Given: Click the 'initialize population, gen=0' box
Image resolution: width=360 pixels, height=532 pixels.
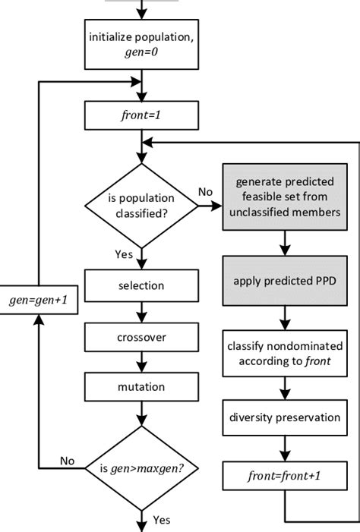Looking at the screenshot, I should (x=141, y=46).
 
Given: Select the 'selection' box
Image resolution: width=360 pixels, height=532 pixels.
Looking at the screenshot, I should (x=141, y=286).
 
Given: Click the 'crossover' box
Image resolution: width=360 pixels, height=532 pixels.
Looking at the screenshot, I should (x=141, y=336).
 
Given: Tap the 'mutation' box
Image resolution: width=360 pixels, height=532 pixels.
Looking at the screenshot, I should (x=141, y=386).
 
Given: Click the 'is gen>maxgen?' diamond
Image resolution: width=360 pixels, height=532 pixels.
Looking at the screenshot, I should (x=141, y=467).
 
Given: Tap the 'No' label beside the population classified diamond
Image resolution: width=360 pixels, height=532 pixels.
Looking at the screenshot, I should (x=205, y=192).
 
